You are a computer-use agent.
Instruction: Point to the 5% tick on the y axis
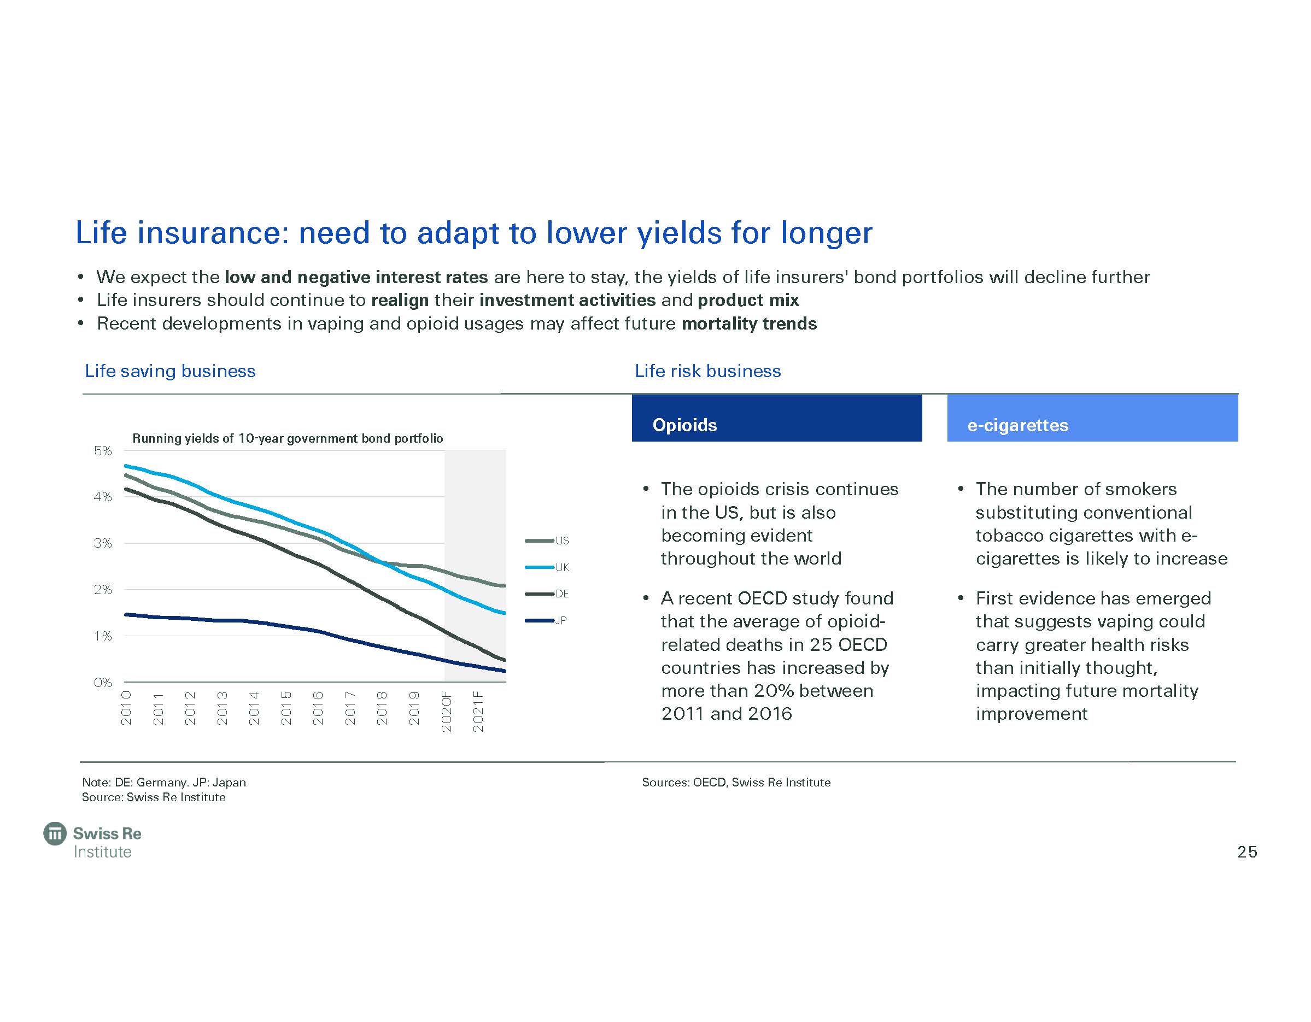tap(103, 451)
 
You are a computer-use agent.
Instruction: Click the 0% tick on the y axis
tap(103, 682)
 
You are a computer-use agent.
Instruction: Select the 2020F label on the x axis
tap(446, 712)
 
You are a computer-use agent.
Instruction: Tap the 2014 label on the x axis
tap(254, 709)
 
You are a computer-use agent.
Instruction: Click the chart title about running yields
tap(288, 439)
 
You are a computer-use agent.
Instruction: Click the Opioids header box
tap(776, 418)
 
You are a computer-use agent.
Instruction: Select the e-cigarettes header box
tap(1092, 418)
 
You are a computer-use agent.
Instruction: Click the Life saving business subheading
tap(170, 371)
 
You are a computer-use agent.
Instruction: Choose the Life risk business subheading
tap(708, 371)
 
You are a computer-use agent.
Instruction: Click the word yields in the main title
tap(679, 233)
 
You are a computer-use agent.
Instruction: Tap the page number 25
tap(1247, 852)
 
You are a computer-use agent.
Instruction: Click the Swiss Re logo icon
tap(55, 833)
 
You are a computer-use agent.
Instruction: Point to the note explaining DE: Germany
tap(164, 783)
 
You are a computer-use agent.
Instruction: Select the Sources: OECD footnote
tap(736, 783)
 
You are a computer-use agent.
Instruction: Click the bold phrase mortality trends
tap(749, 324)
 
